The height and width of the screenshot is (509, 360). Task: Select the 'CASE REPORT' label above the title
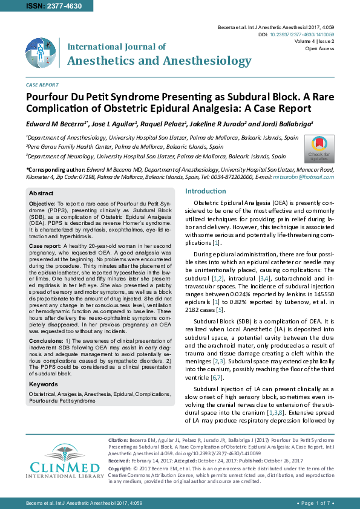click(42, 85)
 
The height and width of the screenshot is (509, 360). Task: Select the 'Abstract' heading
click(42, 192)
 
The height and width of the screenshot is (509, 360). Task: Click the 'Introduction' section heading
click(206, 192)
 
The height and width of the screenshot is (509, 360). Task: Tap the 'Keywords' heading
click(44, 384)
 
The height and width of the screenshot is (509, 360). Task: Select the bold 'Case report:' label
click(45, 246)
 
